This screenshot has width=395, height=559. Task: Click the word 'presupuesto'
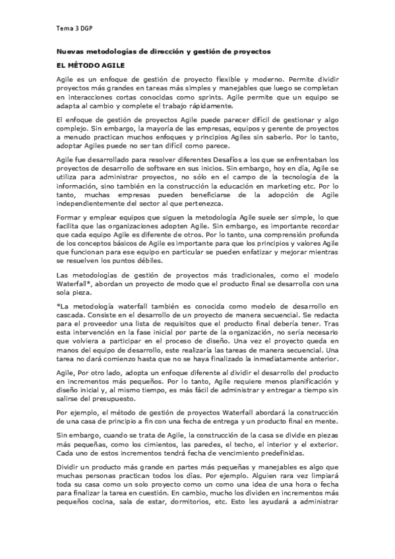point(109,399)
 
